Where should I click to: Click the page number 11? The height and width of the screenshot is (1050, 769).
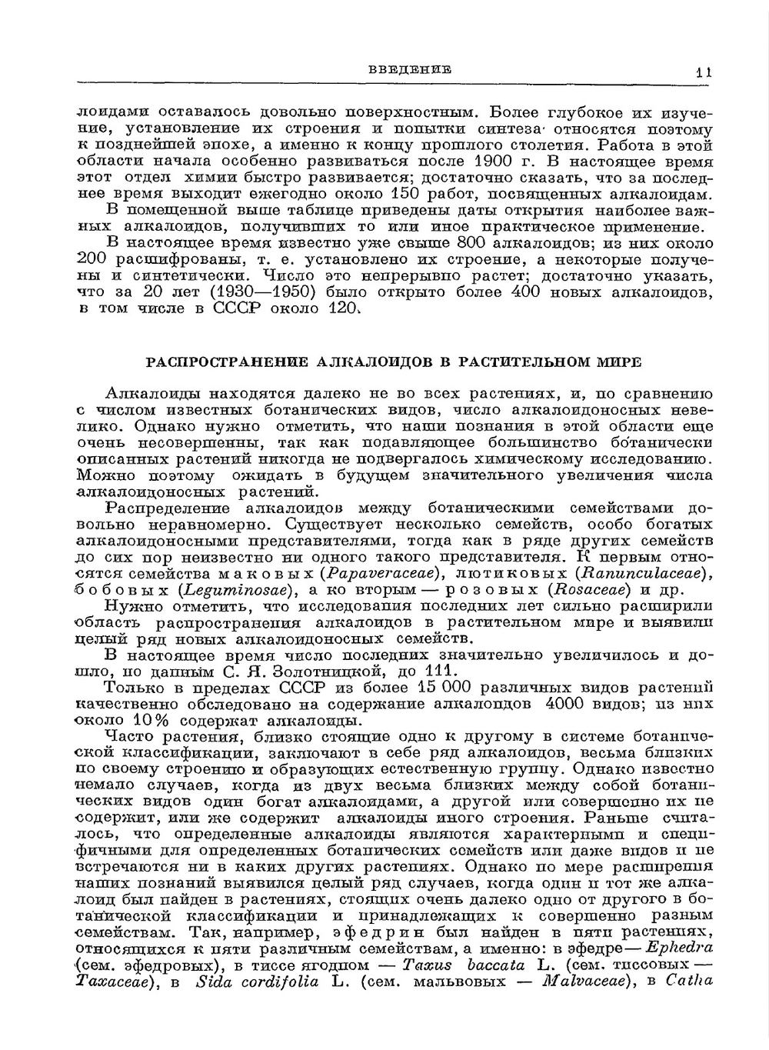pyautogui.click(x=703, y=72)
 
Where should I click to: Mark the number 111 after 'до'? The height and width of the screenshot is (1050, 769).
pyautogui.click(x=444, y=672)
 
